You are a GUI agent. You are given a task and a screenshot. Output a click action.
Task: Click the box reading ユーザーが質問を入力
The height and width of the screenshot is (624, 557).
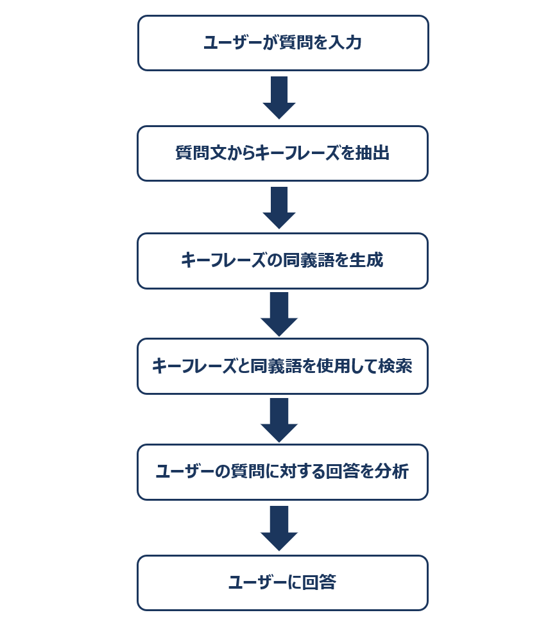(x=283, y=43)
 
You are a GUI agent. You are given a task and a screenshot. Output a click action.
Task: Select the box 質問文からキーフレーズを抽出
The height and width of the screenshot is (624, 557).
(x=282, y=153)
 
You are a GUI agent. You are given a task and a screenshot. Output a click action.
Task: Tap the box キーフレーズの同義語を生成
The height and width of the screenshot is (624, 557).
(x=282, y=261)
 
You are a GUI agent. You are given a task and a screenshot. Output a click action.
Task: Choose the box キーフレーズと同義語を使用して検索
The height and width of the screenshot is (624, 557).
(x=282, y=366)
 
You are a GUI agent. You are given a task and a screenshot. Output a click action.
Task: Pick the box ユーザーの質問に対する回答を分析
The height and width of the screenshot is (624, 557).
(x=282, y=472)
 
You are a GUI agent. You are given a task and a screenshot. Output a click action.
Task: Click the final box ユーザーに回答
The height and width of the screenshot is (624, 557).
(x=282, y=583)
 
